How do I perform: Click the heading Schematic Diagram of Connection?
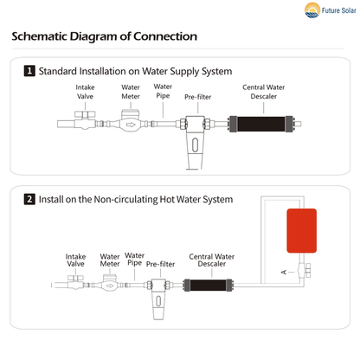105,37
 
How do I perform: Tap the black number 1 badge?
30,71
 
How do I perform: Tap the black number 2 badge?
30,199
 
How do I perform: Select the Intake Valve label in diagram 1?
85,91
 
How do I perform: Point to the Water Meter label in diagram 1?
131,91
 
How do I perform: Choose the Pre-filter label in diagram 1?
199,97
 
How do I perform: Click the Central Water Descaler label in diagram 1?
258,91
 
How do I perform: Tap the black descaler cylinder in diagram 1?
258,125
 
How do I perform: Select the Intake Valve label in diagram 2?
76,260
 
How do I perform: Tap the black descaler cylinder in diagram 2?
207,284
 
